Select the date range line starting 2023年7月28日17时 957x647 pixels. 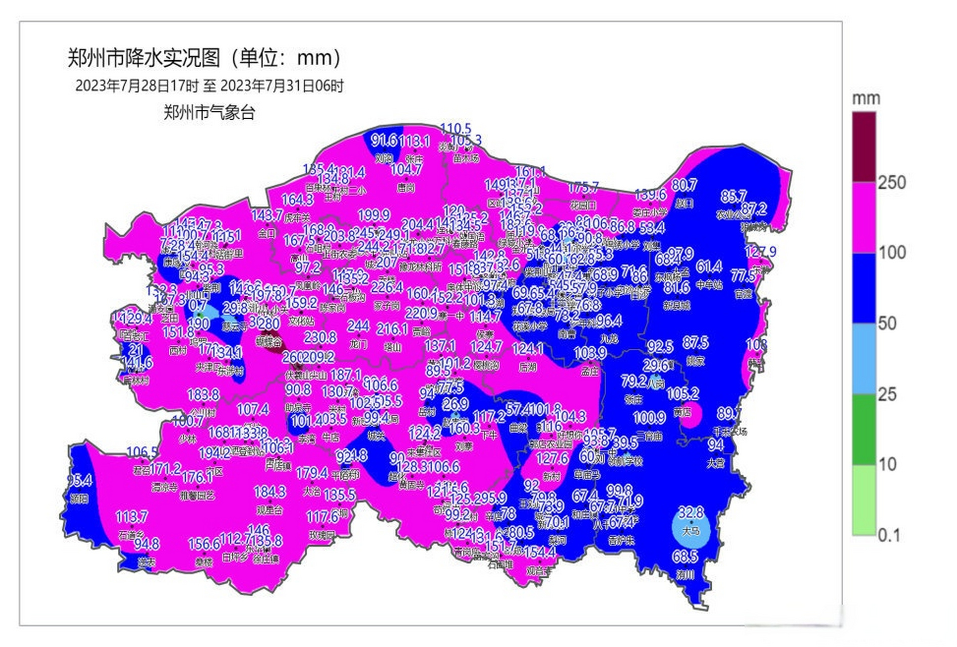209,86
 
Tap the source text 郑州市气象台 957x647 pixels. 209,112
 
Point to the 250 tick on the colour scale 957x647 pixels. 891,182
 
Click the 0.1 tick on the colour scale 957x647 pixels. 889,535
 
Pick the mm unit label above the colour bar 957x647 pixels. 866,99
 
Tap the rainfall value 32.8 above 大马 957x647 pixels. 691,513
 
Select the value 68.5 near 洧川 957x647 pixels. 685,557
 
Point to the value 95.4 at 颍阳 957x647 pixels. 79,480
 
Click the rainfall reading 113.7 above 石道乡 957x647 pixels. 131,516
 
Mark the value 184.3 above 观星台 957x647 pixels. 270,491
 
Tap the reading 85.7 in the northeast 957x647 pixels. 733,196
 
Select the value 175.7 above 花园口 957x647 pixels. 583,188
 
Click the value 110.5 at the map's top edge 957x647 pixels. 455,128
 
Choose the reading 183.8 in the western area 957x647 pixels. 203,394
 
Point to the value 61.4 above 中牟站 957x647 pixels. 709,266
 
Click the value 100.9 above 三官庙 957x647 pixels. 649,418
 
